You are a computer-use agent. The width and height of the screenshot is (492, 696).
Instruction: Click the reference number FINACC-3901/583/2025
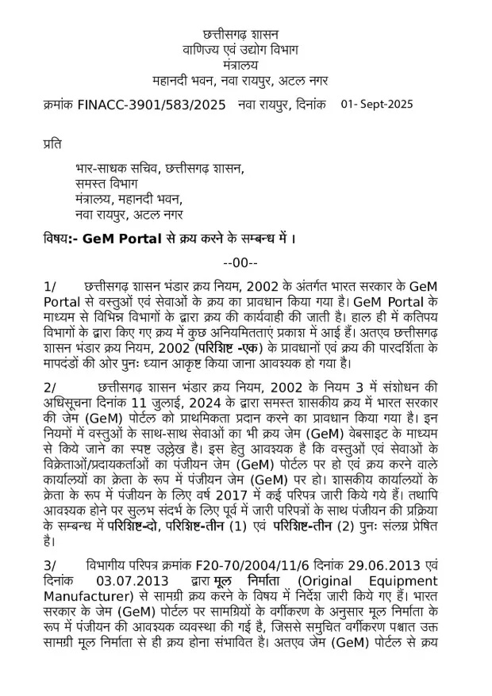[152, 105]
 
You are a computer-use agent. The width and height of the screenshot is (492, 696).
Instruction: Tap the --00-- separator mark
[240, 262]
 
